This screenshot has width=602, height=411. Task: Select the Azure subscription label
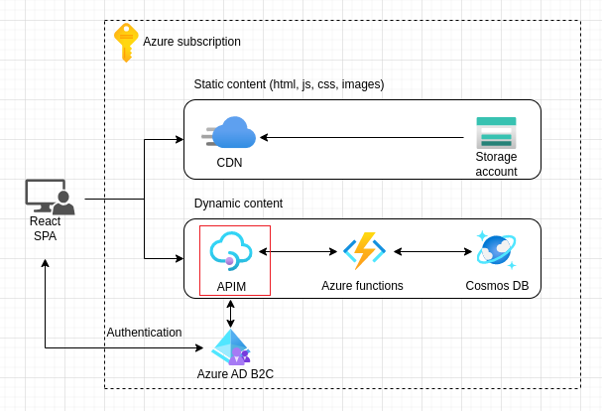tap(191, 42)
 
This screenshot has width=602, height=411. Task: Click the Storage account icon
tap(496, 132)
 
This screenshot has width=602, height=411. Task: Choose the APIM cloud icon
tap(230, 251)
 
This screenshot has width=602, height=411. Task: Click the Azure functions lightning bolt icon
tap(363, 251)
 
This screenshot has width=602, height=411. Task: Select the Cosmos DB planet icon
tap(496, 250)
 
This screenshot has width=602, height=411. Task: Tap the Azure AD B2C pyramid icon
tap(230, 347)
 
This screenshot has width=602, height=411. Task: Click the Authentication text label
tap(144, 333)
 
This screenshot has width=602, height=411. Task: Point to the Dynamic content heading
tap(238, 204)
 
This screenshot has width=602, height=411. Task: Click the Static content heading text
tap(289, 84)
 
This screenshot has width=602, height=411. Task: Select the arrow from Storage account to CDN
tap(362, 138)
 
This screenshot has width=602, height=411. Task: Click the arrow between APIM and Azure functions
tap(301, 252)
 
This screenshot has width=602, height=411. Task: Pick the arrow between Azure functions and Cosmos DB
tap(432, 252)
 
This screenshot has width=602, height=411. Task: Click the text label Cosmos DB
tap(497, 286)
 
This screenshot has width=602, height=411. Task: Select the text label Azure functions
tap(362, 286)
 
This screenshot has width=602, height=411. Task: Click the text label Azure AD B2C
tap(235, 374)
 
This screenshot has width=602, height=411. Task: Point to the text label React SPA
tap(46, 228)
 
